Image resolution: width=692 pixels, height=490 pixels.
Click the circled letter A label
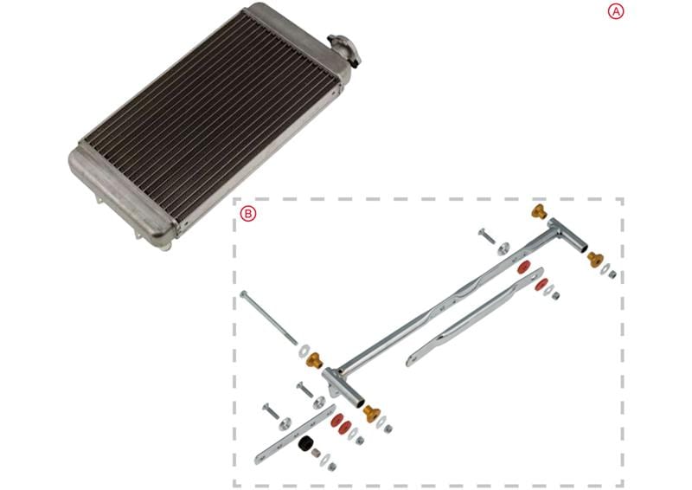tap(615, 11)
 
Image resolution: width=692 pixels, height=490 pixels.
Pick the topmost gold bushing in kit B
tap(540, 212)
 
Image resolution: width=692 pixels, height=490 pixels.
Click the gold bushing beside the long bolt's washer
tap(313, 359)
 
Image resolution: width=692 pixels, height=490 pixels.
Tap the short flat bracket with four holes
tap(295, 432)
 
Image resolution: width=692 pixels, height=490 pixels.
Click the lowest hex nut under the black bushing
tap(332, 467)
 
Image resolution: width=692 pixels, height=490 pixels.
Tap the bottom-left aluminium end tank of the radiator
tap(121, 194)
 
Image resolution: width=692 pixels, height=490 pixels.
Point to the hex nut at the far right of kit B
tap(612, 274)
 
